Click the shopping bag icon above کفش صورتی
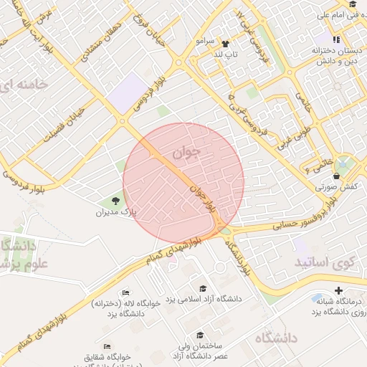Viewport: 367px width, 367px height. [x=336, y=176]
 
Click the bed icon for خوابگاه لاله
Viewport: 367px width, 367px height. [x=125, y=292]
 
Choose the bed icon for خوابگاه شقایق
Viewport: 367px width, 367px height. [x=107, y=346]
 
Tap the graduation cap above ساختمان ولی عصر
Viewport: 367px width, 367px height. [x=199, y=335]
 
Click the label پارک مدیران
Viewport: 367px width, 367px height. [x=116, y=213]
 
